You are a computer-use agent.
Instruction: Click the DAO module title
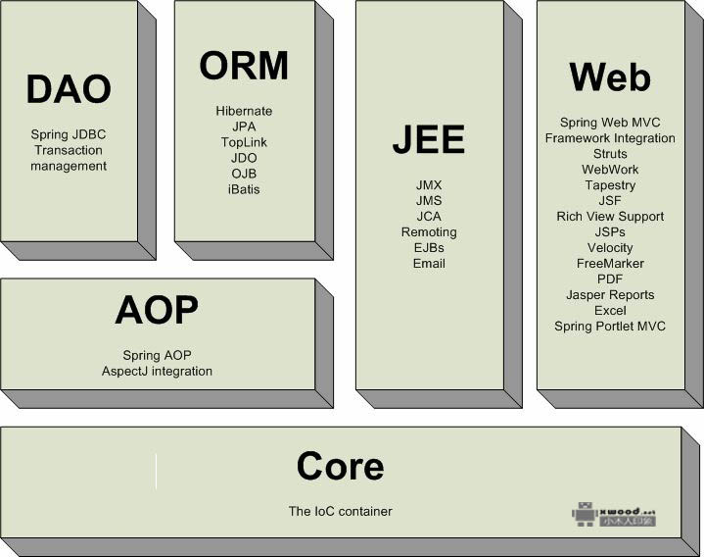pos(69,89)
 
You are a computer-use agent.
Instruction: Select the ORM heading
pos(244,66)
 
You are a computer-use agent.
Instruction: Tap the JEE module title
pos(429,140)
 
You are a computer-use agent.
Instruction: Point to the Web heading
pos(610,76)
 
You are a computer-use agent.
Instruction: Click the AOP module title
pos(157,310)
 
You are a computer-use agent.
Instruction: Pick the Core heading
pos(341,466)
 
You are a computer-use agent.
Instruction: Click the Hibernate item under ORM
pos(244,111)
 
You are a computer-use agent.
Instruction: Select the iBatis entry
pos(244,189)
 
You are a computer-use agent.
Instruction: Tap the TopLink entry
pos(244,142)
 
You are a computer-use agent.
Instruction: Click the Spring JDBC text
pos(69,134)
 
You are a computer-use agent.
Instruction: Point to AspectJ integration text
pos(157,371)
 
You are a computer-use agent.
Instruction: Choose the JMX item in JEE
pos(429,184)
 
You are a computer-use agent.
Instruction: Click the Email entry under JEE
pos(429,263)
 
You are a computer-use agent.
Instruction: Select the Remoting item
pos(429,231)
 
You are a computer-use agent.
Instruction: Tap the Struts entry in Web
pos(610,154)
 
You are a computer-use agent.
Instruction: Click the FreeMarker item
pos(610,263)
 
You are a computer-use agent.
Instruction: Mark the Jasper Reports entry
pos(610,294)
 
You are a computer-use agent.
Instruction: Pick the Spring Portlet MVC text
pos(610,326)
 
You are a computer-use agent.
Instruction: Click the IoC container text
pos(341,511)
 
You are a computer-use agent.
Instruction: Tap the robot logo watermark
pos(585,514)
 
